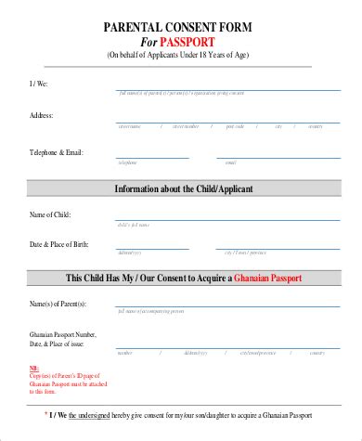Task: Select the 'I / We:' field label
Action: (38, 84)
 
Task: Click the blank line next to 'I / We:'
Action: (228, 89)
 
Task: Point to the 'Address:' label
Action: (41, 115)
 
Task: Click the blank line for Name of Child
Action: (228, 221)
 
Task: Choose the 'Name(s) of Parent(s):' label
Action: (58, 304)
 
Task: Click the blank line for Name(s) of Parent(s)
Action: (228, 309)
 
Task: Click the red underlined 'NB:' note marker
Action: (34, 369)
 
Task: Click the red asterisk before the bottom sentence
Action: (47, 412)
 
